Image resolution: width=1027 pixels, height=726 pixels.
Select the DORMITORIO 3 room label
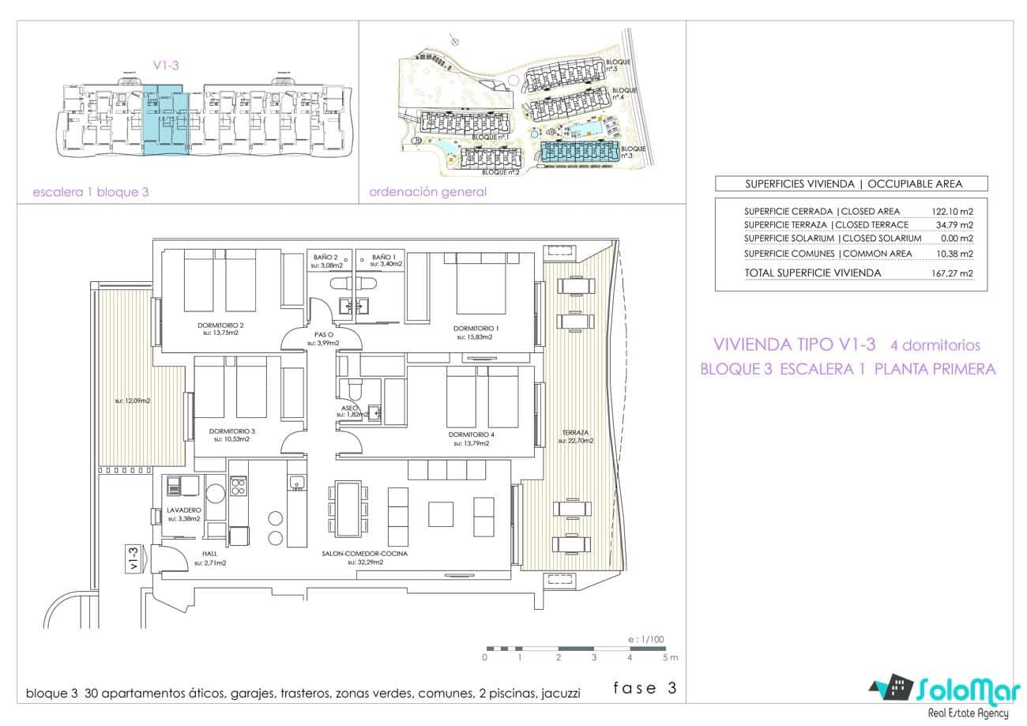231,431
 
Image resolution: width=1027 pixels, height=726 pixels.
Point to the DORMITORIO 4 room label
471,434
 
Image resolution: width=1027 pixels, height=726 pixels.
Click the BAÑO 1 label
384,257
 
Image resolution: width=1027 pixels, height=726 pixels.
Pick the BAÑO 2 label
325,257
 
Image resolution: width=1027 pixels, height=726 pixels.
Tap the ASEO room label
350,408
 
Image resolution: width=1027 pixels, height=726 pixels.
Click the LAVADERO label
184,510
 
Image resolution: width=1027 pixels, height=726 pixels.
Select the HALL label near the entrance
209,554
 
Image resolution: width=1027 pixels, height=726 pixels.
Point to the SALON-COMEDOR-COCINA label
364,554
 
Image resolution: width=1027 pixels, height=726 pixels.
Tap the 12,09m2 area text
132,401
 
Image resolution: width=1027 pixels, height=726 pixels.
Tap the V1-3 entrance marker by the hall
134,559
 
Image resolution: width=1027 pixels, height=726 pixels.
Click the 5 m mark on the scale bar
669,657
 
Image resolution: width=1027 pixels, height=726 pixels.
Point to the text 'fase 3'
645,687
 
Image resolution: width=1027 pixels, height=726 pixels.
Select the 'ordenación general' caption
427,192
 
